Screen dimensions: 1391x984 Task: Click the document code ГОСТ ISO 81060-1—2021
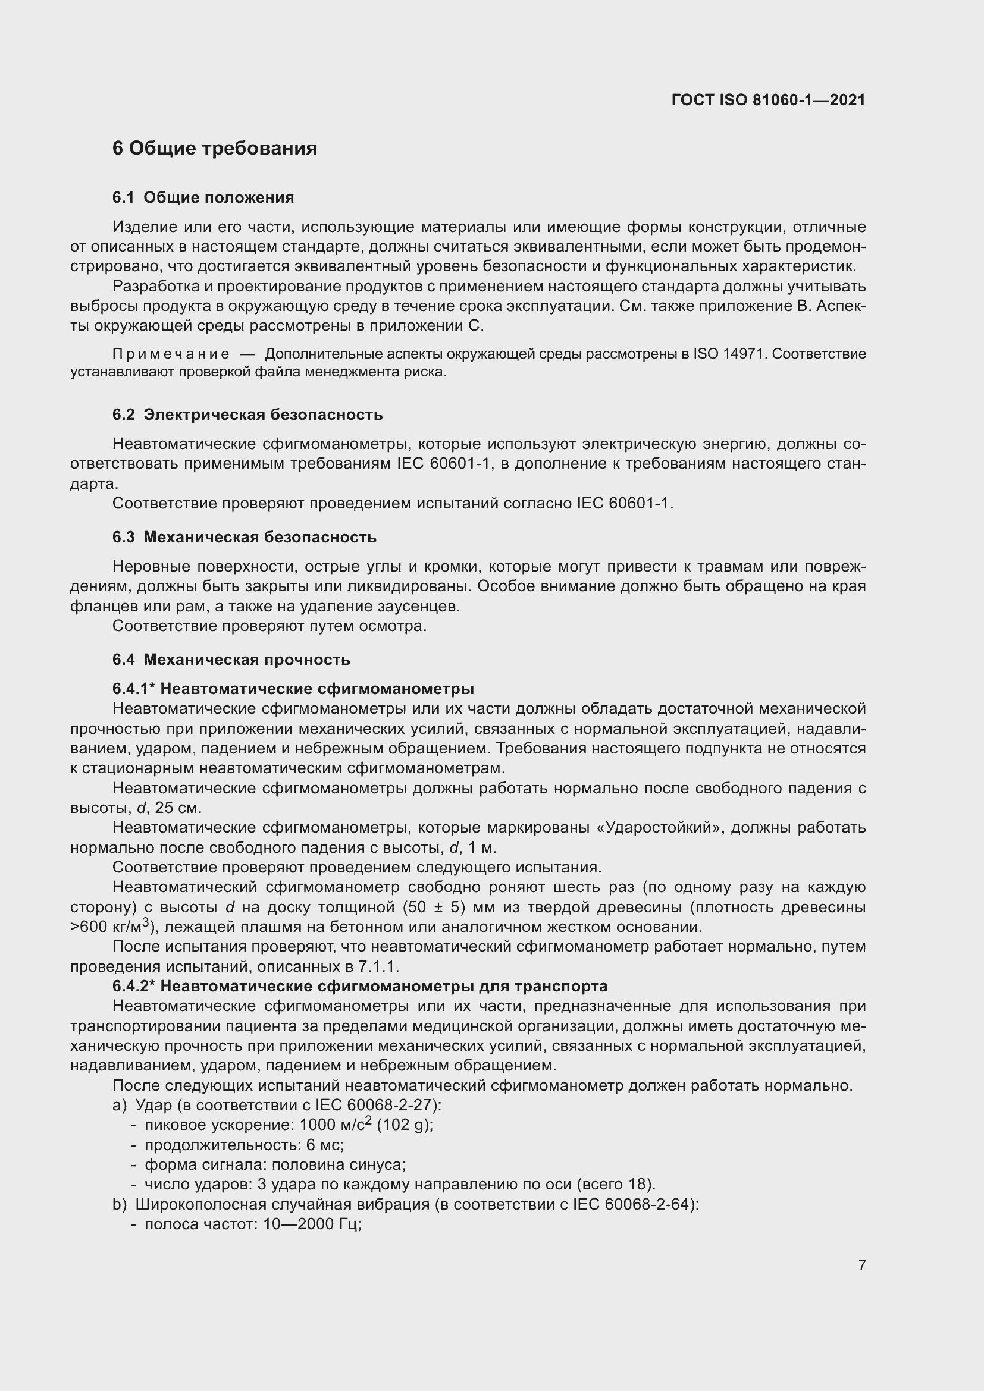tap(767, 100)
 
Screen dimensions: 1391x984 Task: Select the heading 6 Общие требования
tap(215, 149)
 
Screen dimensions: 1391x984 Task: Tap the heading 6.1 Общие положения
tap(203, 197)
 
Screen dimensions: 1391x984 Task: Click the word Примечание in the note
tap(171, 354)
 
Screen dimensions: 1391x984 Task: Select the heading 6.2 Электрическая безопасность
tap(247, 415)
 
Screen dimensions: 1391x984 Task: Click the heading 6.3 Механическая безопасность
tap(244, 538)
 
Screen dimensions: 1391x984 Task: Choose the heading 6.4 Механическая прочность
tap(231, 659)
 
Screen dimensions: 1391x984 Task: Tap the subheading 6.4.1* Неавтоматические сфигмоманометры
tap(293, 689)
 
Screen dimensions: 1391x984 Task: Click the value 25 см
tap(178, 808)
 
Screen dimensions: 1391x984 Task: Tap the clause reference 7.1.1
tap(379, 966)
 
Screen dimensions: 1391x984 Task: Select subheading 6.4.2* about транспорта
tap(359, 986)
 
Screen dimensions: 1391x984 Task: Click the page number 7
tap(861, 1265)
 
